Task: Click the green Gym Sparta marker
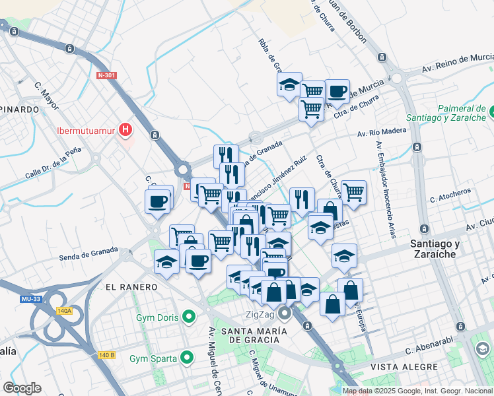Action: (x=187, y=358)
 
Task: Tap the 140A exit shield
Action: (x=64, y=311)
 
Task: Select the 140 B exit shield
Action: (x=106, y=355)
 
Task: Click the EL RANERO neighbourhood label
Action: (x=131, y=287)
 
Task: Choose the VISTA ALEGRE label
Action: (x=404, y=366)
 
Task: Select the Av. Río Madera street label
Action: (x=382, y=131)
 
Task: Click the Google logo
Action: (x=22, y=388)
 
